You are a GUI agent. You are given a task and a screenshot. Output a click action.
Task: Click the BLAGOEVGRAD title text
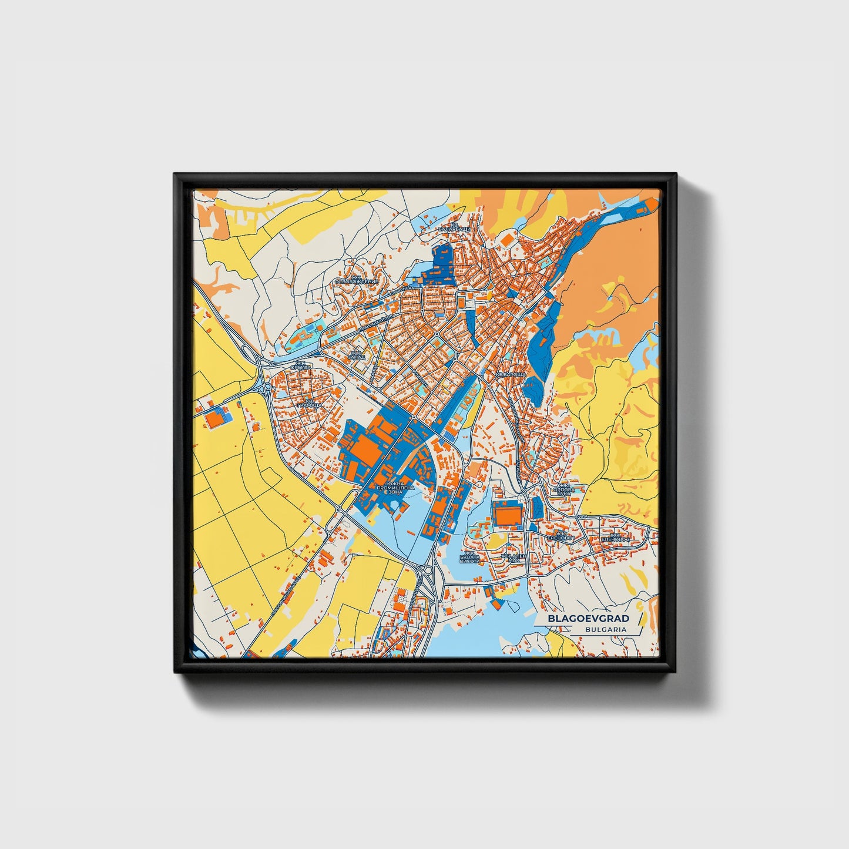tap(588, 619)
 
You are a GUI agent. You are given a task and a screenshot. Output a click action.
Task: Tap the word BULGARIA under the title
tap(605, 629)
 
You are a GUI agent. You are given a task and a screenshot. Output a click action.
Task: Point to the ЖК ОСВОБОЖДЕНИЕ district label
tap(356, 280)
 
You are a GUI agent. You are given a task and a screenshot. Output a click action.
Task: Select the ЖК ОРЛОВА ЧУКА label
tap(564, 489)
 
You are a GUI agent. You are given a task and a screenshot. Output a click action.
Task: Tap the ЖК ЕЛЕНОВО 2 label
tap(615, 537)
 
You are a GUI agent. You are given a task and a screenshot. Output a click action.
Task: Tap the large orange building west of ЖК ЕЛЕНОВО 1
tap(507, 515)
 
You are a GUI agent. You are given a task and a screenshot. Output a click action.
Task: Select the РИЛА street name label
tap(582, 516)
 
